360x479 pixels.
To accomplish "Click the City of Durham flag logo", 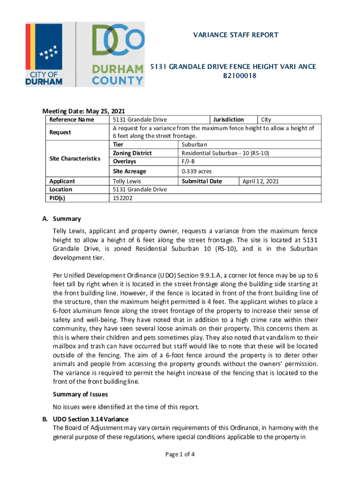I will point(43,54).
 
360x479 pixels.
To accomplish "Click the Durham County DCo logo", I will point(117,54).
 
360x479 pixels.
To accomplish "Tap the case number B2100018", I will point(233,76).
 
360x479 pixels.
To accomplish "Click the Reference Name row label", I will point(72,120).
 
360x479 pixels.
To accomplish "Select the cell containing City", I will point(266,120).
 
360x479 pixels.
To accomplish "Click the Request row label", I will point(60,132).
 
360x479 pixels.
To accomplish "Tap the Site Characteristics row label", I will point(75,159).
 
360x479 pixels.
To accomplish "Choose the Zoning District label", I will point(132,153).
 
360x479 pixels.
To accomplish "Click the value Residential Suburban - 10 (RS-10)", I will point(225,153).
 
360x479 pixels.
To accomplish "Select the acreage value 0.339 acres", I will point(196,171).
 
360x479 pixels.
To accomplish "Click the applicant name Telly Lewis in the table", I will point(127,181).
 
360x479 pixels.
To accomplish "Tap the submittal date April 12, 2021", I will point(260,181).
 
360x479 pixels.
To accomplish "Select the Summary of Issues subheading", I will point(80,394).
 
